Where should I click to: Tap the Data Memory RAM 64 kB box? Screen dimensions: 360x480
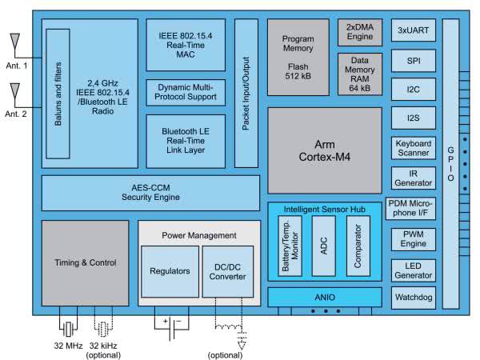[x=359, y=74]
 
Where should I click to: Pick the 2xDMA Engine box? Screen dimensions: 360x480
[x=359, y=32]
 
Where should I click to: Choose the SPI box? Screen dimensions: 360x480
[x=413, y=61]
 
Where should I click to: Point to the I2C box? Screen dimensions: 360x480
[x=413, y=90]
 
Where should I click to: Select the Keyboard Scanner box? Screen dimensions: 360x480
[x=413, y=148]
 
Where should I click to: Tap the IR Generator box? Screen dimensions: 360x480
[x=413, y=177]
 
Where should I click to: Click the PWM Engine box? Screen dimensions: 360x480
[x=413, y=239]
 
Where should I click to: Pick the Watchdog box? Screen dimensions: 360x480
[x=413, y=298]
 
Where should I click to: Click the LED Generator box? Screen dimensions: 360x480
[x=413, y=269]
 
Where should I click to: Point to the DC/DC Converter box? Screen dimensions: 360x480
[x=229, y=270]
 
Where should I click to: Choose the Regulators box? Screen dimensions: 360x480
[x=169, y=270]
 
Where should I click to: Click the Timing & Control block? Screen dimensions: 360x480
[x=85, y=262]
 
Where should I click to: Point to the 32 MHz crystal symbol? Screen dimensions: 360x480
[x=70, y=328]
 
